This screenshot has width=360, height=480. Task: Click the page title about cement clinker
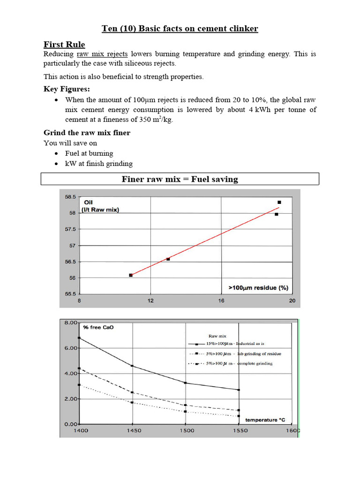(x=180, y=29)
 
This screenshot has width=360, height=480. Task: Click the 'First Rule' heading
(x=64, y=45)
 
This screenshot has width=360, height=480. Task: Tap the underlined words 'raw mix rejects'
(x=102, y=54)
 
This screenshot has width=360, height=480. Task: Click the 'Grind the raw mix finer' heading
(x=87, y=133)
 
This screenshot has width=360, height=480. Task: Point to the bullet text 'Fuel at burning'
(x=89, y=153)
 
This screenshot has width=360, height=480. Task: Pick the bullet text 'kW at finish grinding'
(x=99, y=164)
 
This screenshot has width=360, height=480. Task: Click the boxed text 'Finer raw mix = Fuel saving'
(x=180, y=179)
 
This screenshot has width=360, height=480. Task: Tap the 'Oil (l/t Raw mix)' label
(x=101, y=206)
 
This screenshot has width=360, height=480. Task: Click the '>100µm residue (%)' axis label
(x=258, y=288)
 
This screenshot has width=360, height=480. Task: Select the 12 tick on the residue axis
(x=150, y=301)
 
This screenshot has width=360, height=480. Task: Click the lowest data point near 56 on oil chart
(x=131, y=275)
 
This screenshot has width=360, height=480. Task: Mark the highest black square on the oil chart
(x=279, y=202)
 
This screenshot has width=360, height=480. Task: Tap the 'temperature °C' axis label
(x=268, y=420)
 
